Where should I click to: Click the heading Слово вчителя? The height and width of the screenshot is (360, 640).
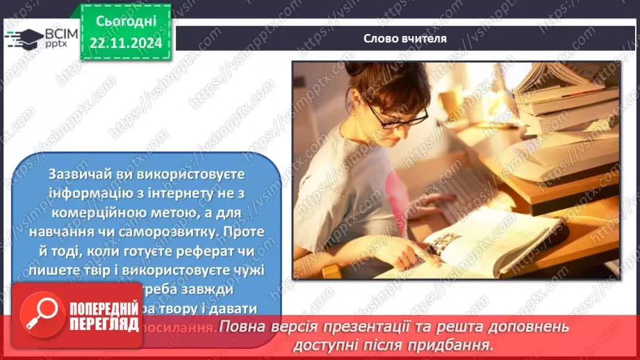(x=405, y=39)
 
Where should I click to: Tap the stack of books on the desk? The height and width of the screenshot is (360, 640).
(x=563, y=97)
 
